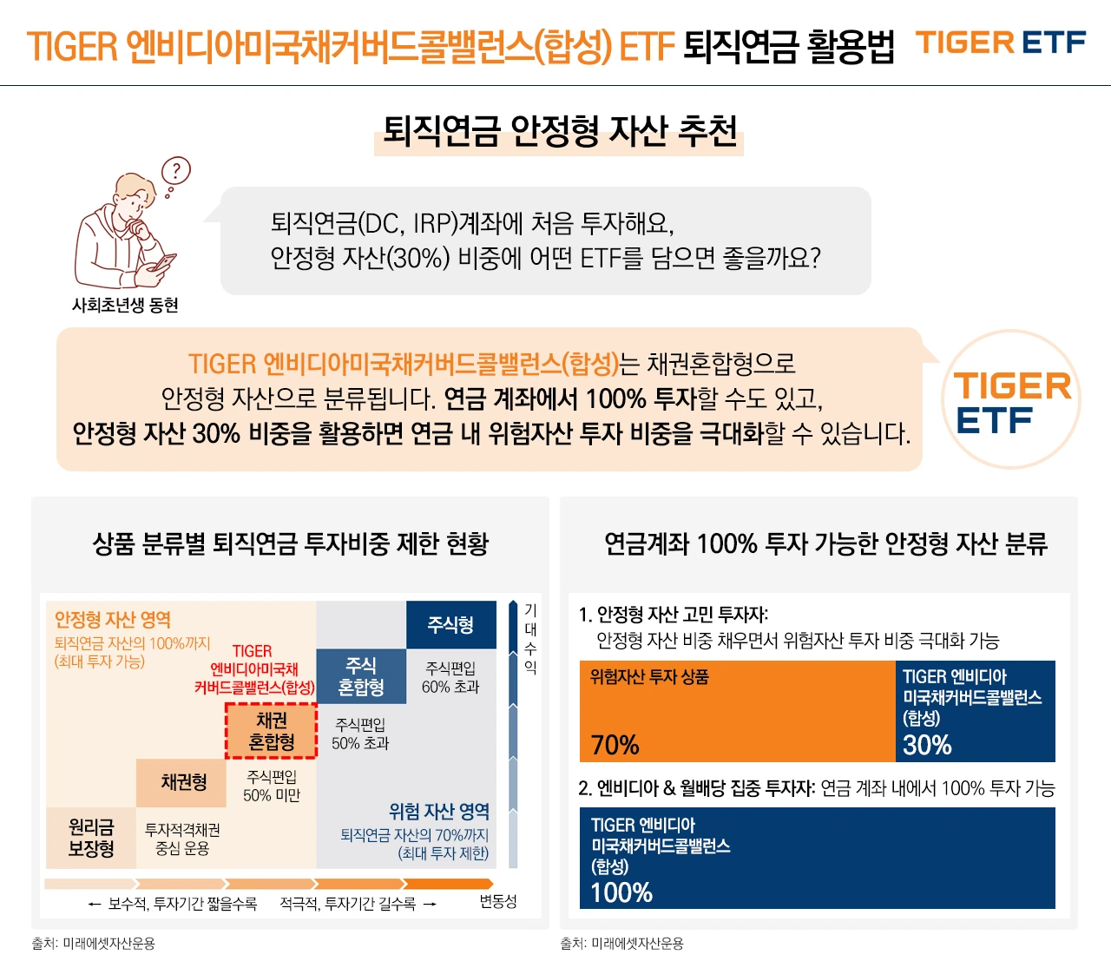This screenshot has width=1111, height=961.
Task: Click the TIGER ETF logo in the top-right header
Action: point(1001,43)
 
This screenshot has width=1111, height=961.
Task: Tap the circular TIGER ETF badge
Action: point(1011,400)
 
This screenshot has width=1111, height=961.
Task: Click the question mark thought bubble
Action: point(177,170)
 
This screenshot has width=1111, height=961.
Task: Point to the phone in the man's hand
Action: point(164,261)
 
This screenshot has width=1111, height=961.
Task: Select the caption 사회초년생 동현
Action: point(125,306)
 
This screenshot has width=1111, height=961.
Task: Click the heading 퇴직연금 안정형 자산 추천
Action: point(560,132)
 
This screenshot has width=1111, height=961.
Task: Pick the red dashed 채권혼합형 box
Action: point(271,731)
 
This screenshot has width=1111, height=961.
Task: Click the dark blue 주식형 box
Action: point(450,625)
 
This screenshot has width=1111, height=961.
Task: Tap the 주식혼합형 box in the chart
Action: point(361,676)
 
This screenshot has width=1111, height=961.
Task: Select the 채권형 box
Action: point(183,782)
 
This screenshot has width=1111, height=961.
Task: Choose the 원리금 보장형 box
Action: point(91,838)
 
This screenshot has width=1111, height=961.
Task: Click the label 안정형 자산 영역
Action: point(113,620)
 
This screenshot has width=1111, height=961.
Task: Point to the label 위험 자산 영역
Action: point(439,812)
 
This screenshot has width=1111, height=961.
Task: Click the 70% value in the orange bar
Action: point(615,745)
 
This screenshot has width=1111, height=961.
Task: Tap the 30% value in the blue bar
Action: point(927,745)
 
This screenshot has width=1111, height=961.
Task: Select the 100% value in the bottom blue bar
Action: point(621,892)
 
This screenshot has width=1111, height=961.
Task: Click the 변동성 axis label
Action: point(498,902)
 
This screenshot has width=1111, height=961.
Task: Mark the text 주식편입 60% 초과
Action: point(450,677)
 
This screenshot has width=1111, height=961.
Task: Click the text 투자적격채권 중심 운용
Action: point(182,839)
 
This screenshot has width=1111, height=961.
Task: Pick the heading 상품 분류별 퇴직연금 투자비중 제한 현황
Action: point(291,544)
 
